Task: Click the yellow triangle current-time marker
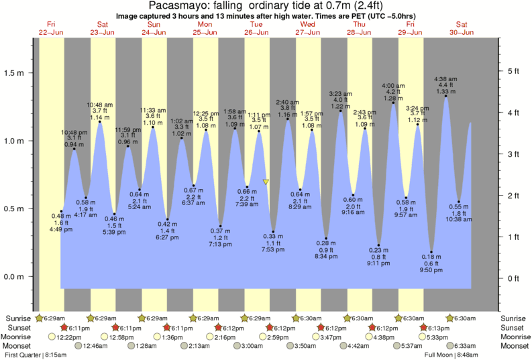(x=266, y=182)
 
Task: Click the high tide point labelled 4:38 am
(x=446, y=96)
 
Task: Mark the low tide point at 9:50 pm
(x=431, y=252)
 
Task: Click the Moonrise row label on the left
(x=19, y=337)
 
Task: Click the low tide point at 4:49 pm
(x=61, y=211)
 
